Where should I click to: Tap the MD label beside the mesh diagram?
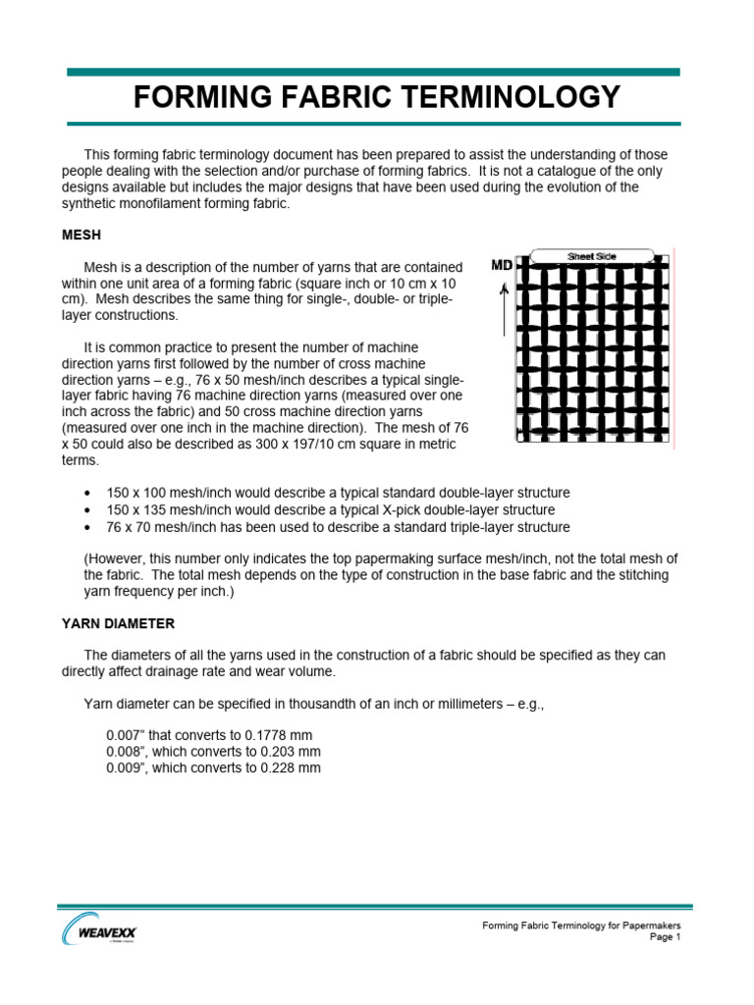pyautogui.click(x=502, y=266)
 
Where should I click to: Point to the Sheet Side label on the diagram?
pyautogui.click(x=592, y=256)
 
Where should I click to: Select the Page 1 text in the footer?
pyautogui.click(x=665, y=937)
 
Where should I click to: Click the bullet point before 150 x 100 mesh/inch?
pyautogui.click(x=89, y=493)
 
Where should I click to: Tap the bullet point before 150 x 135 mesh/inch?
pyautogui.click(x=89, y=511)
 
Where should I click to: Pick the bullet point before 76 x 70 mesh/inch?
pyautogui.click(x=89, y=530)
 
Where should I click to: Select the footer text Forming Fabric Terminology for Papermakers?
pyautogui.click(x=580, y=926)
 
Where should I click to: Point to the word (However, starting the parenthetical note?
pyautogui.click(x=117, y=558)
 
